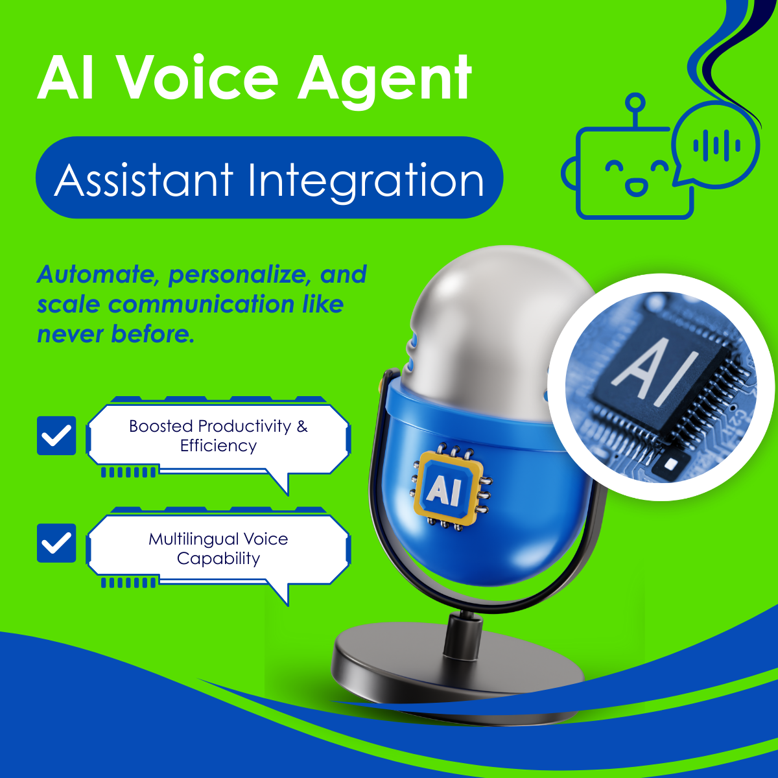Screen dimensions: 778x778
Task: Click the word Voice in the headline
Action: [199, 78]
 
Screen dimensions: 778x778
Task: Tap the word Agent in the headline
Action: [384, 82]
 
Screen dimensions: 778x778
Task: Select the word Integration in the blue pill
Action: [366, 181]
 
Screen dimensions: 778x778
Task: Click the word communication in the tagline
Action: [200, 304]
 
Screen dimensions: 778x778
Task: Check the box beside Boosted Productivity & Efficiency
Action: [56, 436]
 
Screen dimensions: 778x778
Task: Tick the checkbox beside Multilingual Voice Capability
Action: [56, 543]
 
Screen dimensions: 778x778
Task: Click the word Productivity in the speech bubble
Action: [244, 427]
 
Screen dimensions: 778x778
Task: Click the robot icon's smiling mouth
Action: [636, 187]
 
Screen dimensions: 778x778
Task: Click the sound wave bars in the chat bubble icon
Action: [716, 145]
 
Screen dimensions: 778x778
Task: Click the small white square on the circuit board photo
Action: [670, 465]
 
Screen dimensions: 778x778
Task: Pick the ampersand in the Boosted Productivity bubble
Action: [301, 426]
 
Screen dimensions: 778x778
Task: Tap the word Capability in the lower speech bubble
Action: [218, 559]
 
